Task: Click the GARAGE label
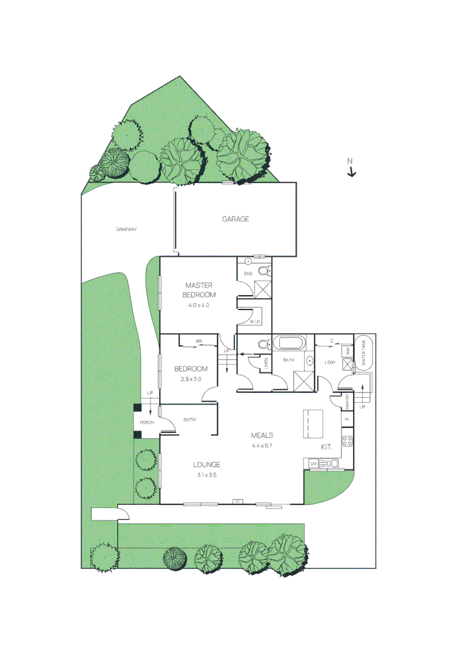(236, 219)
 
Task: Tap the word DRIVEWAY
(127, 229)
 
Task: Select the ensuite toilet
(263, 270)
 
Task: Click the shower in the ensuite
(262, 289)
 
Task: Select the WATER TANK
(365, 351)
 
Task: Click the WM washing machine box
(347, 351)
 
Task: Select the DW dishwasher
(313, 463)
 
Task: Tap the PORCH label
(147, 422)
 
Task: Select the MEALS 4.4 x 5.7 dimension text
(263, 446)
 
